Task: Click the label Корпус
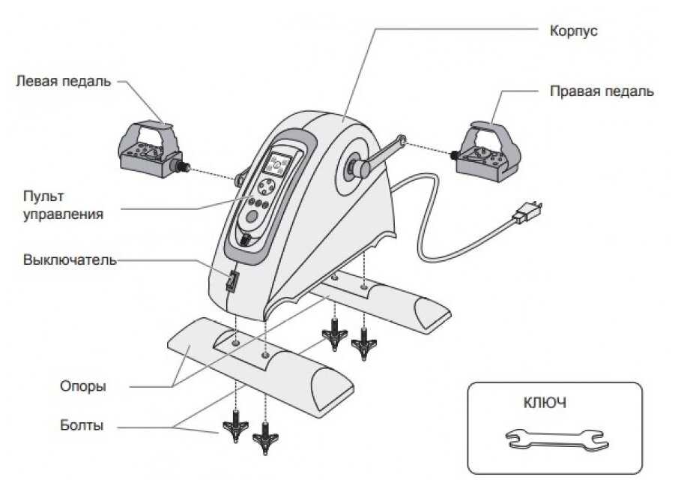(573, 32)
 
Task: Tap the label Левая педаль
(63, 81)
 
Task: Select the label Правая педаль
(602, 91)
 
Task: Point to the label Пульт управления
(63, 204)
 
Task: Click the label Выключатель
(70, 260)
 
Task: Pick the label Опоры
(82, 387)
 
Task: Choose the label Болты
(81, 426)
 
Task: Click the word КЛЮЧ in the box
(544, 403)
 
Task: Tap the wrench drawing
(554, 438)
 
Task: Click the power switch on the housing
(232, 281)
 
